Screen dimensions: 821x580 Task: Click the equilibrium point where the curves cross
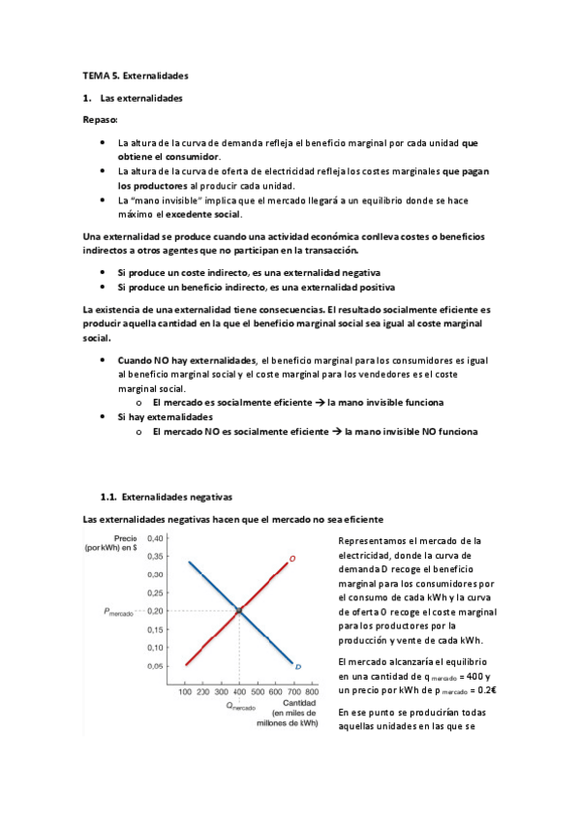[x=238, y=610]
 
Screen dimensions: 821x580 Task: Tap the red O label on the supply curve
[x=291, y=559]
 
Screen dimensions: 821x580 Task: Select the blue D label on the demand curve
[x=298, y=667]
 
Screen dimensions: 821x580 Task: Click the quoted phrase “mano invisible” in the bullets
[x=150, y=200]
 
